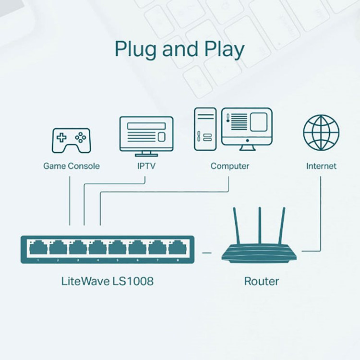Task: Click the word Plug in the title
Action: [x=135, y=49]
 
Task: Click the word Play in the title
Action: [x=223, y=49]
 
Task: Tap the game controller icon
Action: [x=71, y=140]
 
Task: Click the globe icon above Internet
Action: [x=321, y=132]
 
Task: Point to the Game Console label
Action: [x=72, y=166]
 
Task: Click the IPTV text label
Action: [x=146, y=166]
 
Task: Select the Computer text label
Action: [x=229, y=166]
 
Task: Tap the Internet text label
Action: [x=321, y=166]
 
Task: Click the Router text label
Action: [x=261, y=281]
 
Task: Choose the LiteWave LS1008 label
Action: [x=107, y=281]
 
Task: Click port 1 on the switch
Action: [x=38, y=248]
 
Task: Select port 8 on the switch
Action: [x=176, y=248]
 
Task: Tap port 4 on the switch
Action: [x=97, y=248]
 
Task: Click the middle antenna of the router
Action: [x=260, y=225]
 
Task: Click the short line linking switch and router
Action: [x=207, y=252]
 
